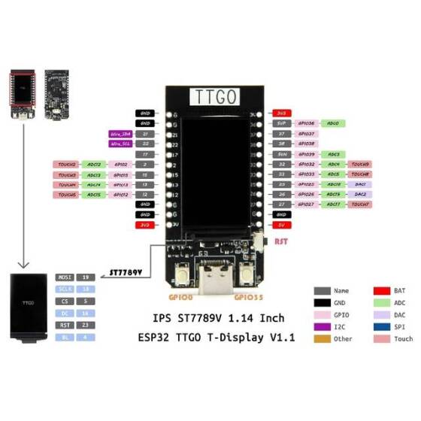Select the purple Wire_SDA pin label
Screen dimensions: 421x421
121,134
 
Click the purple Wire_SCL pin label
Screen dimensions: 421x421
121,143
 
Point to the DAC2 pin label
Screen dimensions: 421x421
359,194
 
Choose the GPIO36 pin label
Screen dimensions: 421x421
306,123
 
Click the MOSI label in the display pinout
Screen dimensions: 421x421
65,277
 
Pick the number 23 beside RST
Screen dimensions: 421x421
86,325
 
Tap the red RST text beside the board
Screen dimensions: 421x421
280,242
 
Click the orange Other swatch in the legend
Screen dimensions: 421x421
323,338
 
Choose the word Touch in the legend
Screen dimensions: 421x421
404,338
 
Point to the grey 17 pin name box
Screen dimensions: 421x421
145,153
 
